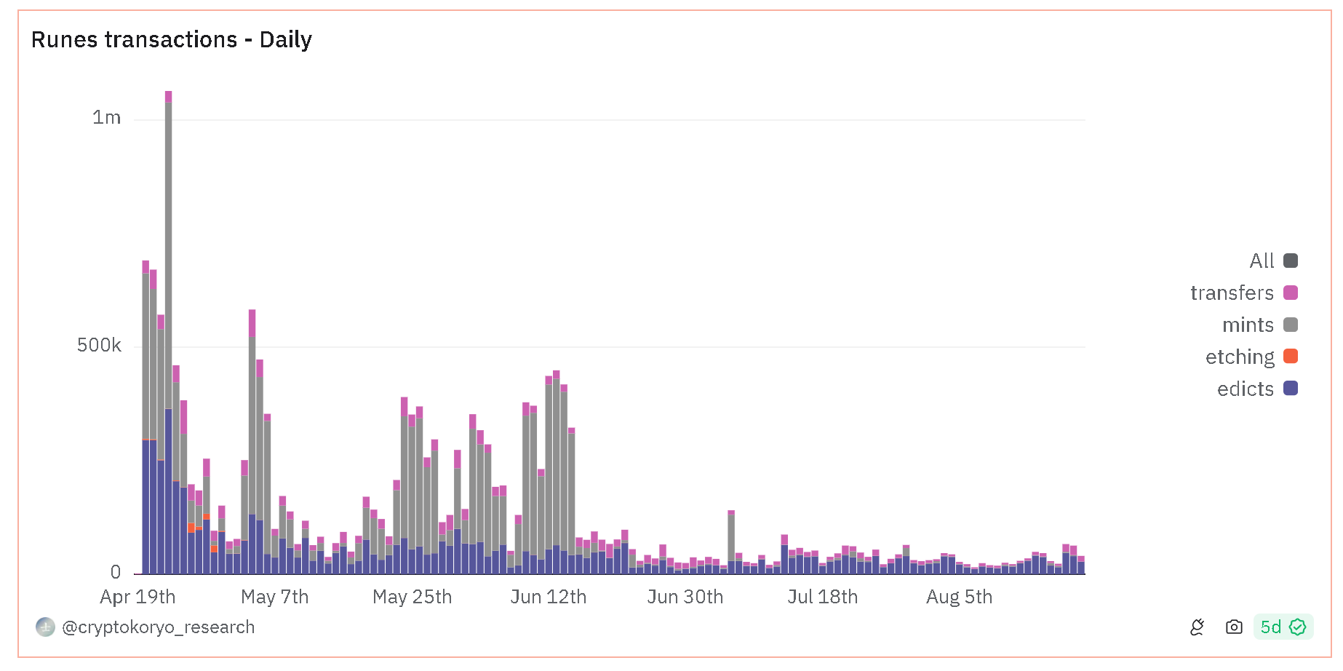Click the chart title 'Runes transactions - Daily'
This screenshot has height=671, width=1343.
171,39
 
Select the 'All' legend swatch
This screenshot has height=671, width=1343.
1291,261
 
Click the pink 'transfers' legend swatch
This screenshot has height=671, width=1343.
1291,293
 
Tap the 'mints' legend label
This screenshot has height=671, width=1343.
1248,325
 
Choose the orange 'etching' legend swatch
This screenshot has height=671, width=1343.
1291,357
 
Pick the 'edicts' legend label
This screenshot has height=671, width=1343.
1245,389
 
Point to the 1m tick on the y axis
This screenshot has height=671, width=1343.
106,117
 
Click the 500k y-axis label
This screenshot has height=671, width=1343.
99,345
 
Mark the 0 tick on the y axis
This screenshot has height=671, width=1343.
116,572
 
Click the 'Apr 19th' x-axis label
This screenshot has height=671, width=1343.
138,597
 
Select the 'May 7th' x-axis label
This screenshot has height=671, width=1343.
274,597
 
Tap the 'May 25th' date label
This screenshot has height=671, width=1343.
412,597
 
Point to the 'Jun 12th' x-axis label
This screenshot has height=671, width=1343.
548,597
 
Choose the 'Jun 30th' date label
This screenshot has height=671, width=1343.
685,597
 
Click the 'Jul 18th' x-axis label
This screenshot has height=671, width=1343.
822,597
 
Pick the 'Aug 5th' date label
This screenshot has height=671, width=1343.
959,597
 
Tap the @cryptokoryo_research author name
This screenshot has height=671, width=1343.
158,627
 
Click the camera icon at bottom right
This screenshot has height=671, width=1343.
1234,627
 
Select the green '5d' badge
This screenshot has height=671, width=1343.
1283,627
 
